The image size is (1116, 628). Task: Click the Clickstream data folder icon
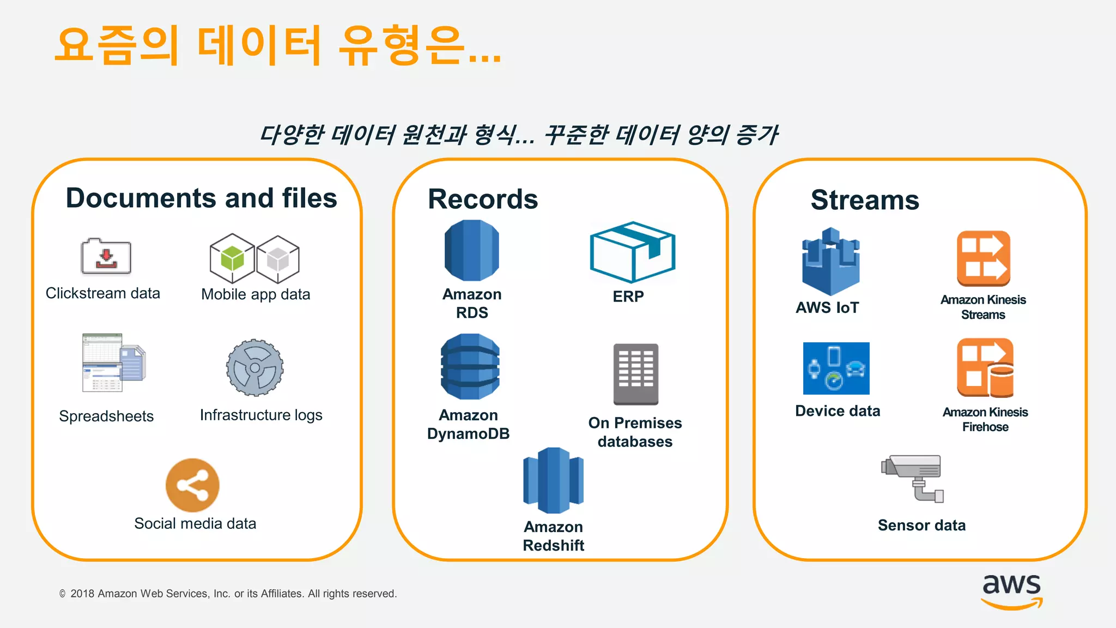coord(106,256)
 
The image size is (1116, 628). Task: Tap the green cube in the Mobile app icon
coord(233,258)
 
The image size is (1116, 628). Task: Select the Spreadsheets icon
coord(113,363)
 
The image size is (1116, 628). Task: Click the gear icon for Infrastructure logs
coord(255,367)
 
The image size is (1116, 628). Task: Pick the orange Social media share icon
coord(192,485)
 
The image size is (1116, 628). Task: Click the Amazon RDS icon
coord(472,251)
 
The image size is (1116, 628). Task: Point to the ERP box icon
coord(632,252)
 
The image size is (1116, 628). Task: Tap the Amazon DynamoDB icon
coord(470,367)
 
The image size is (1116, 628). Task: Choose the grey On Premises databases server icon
coord(636,374)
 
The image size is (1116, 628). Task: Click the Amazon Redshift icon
coord(553,481)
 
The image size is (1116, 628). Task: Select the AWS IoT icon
coord(830,262)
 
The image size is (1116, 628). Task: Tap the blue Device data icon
coord(836,369)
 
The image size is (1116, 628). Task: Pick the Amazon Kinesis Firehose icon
coord(985,368)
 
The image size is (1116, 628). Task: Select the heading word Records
coord(483,199)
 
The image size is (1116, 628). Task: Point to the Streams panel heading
coord(865,200)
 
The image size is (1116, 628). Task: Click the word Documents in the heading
coord(141,198)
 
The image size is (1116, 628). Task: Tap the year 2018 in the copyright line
coord(82,594)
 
